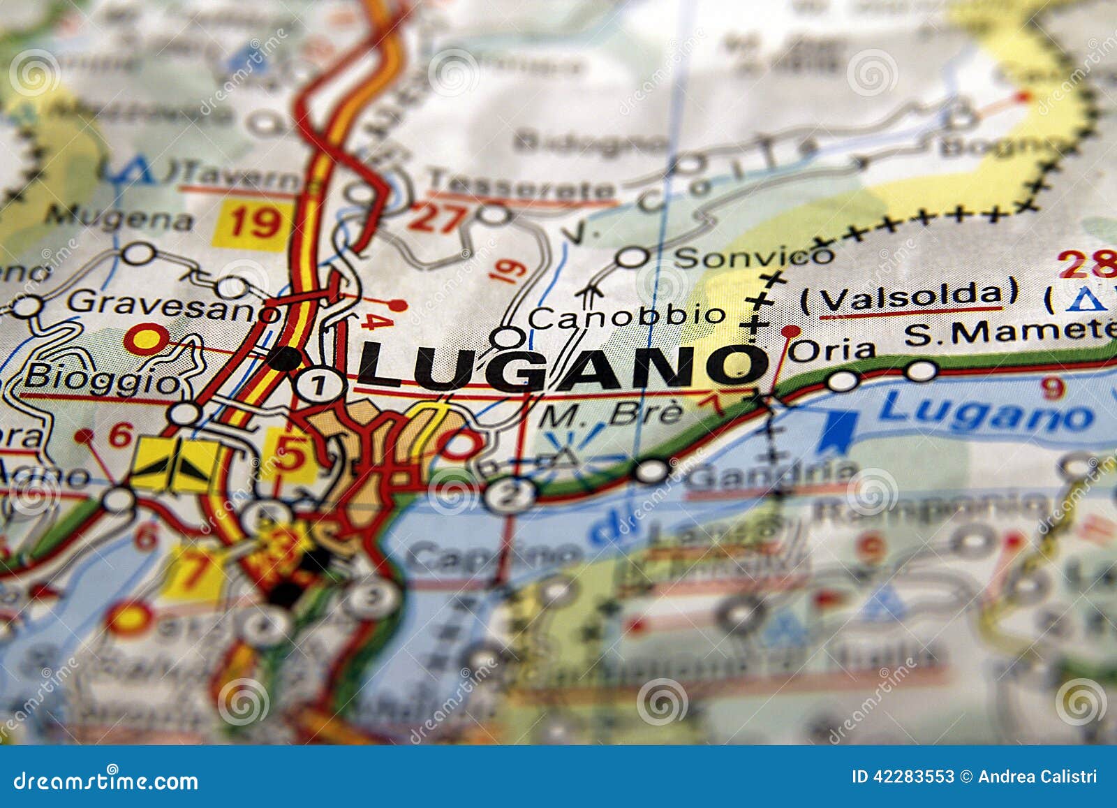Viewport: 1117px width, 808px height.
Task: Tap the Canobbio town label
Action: click(x=626, y=316)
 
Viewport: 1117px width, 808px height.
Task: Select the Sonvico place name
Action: click(x=754, y=256)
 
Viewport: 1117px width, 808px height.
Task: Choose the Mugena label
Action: click(x=119, y=219)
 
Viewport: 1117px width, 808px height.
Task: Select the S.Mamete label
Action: click(x=1009, y=333)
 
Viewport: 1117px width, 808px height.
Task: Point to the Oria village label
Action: click(x=831, y=350)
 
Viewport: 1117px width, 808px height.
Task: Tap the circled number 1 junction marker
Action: click(x=318, y=384)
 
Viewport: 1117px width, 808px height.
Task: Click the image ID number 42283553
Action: click(x=915, y=777)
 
